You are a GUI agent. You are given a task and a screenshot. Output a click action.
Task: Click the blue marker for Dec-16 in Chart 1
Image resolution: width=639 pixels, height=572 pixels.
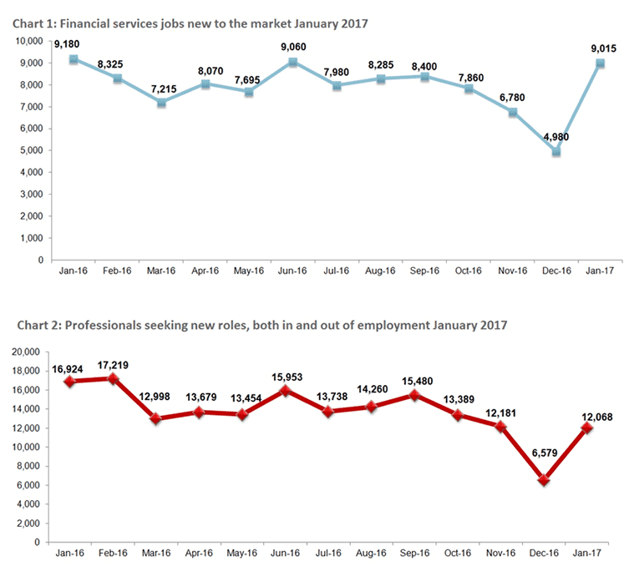pos(555,152)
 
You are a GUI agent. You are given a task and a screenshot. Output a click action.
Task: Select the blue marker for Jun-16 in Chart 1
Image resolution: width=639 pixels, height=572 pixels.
pos(292,63)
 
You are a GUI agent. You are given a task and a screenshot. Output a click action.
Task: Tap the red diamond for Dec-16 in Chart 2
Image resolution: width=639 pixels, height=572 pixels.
pos(543,480)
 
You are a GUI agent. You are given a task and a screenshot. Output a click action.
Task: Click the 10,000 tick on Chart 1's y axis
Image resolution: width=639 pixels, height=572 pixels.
pos(28,41)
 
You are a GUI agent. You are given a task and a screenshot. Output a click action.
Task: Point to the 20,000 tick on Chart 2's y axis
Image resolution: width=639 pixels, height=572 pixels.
pos(28,352)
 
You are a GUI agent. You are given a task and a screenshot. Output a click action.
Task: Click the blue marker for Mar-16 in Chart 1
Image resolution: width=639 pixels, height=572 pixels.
pos(161,103)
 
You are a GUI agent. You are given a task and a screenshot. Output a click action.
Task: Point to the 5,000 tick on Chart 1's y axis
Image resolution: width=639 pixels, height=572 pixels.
pos(31,150)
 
